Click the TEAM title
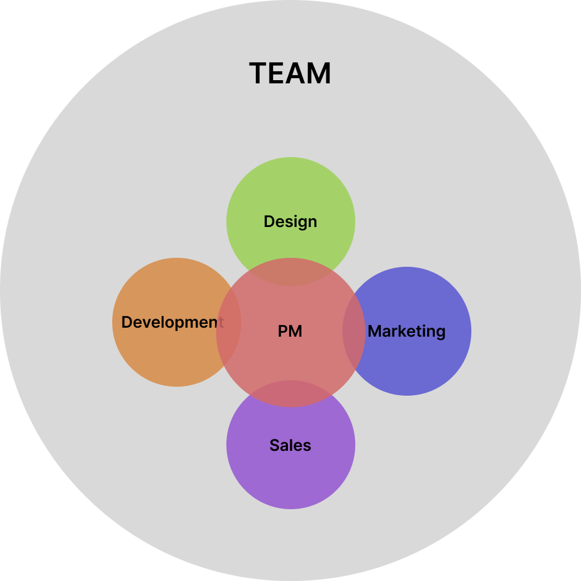(290, 74)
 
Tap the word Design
(290, 222)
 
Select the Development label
(172, 322)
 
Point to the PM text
(290, 332)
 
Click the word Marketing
(407, 332)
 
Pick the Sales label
(290, 445)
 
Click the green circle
(290, 192)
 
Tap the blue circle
(423, 366)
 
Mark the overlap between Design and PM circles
(290, 272)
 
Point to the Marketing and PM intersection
(354, 332)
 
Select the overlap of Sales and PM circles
(290, 394)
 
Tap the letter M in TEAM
(319, 74)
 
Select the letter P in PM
(282, 332)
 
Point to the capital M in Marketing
(374, 332)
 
